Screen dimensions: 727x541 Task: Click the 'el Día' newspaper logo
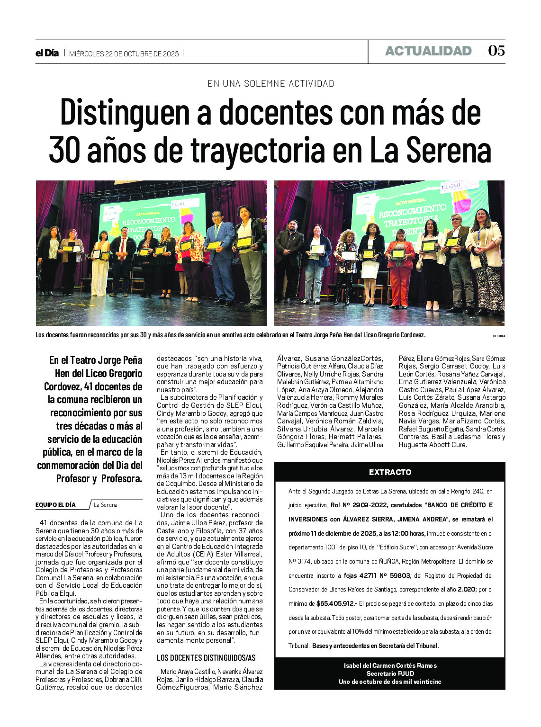pyautogui.click(x=47, y=53)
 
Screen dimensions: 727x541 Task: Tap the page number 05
pyautogui.click(x=496, y=51)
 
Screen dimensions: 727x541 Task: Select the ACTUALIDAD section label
pyautogui.click(x=428, y=51)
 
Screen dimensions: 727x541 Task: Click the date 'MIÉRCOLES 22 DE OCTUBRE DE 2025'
pyautogui.click(x=124, y=54)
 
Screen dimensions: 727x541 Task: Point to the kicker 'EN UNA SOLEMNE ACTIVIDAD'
pyautogui.click(x=270, y=84)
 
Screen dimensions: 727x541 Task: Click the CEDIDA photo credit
pyautogui.click(x=498, y=336)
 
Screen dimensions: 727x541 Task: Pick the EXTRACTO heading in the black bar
pyautogui.click(x=390, y=472)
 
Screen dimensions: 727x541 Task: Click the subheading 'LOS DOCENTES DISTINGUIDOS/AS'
pyautogui.click(x=206, y=658)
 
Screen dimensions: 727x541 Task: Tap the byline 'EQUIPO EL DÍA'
pyautogui.click(x=55, y=505)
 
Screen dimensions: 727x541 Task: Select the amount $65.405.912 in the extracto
pyautogui.click(x=335, y=604)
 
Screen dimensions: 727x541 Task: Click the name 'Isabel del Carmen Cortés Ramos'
pyautogui.click(x=390, y=665)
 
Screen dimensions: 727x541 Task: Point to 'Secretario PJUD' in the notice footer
pyautogui.click(x=390, y=673)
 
